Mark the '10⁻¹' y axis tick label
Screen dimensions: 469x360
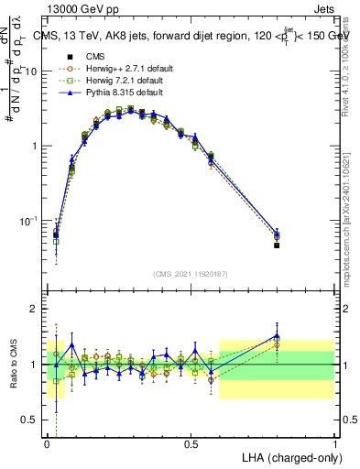pyautogui.click(x=30, y=221)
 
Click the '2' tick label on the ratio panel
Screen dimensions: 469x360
pyautogui.click(x=37, y=309)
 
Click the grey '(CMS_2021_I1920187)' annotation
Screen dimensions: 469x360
pyautogui.click(x=191, y=272)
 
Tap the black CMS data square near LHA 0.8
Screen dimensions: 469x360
pyautogui.click(x=277, y=245)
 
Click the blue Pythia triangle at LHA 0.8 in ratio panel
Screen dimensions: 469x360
pyautogui.click(x=277, y=335)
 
